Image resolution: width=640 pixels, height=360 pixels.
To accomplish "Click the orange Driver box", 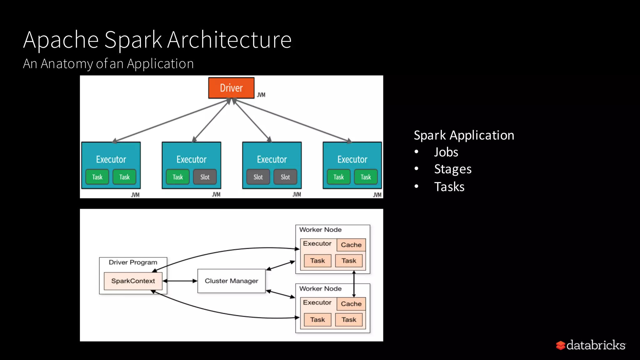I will (231, 88).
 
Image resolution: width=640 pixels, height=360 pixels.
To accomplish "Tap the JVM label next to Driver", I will (261, 95).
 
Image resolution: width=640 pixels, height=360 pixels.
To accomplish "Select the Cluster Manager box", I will (231, 281).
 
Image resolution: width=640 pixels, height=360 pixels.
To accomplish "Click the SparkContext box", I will (133, 281).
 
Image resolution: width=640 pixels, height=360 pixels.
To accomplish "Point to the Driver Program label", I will (133, 262).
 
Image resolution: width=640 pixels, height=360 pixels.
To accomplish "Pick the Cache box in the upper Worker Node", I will (351, 245).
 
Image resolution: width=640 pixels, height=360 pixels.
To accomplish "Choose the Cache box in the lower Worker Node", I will (351, 304).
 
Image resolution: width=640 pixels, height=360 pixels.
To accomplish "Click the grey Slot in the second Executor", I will (205, 177).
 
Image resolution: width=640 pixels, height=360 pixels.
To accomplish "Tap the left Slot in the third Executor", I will (258, 177).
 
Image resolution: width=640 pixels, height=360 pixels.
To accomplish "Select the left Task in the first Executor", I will (97, 177).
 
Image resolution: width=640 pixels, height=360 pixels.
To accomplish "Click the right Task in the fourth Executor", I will (366, 177).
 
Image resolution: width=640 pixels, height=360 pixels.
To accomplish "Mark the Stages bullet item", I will (452, 169).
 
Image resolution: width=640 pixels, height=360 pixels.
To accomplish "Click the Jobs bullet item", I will (446, 152).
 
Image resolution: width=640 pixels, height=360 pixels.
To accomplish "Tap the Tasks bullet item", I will (449, 187).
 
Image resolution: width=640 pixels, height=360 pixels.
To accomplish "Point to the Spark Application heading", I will (464, 135).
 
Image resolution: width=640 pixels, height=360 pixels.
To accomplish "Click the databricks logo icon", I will (561, 345).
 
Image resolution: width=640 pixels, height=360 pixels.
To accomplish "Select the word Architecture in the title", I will (229, 40).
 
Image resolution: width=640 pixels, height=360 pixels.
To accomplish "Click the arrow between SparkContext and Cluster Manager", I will (180, 281).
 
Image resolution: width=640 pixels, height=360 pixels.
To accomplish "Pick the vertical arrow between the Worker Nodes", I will (354, 284).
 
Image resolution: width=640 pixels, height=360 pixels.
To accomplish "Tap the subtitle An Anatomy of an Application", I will (108, 64).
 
